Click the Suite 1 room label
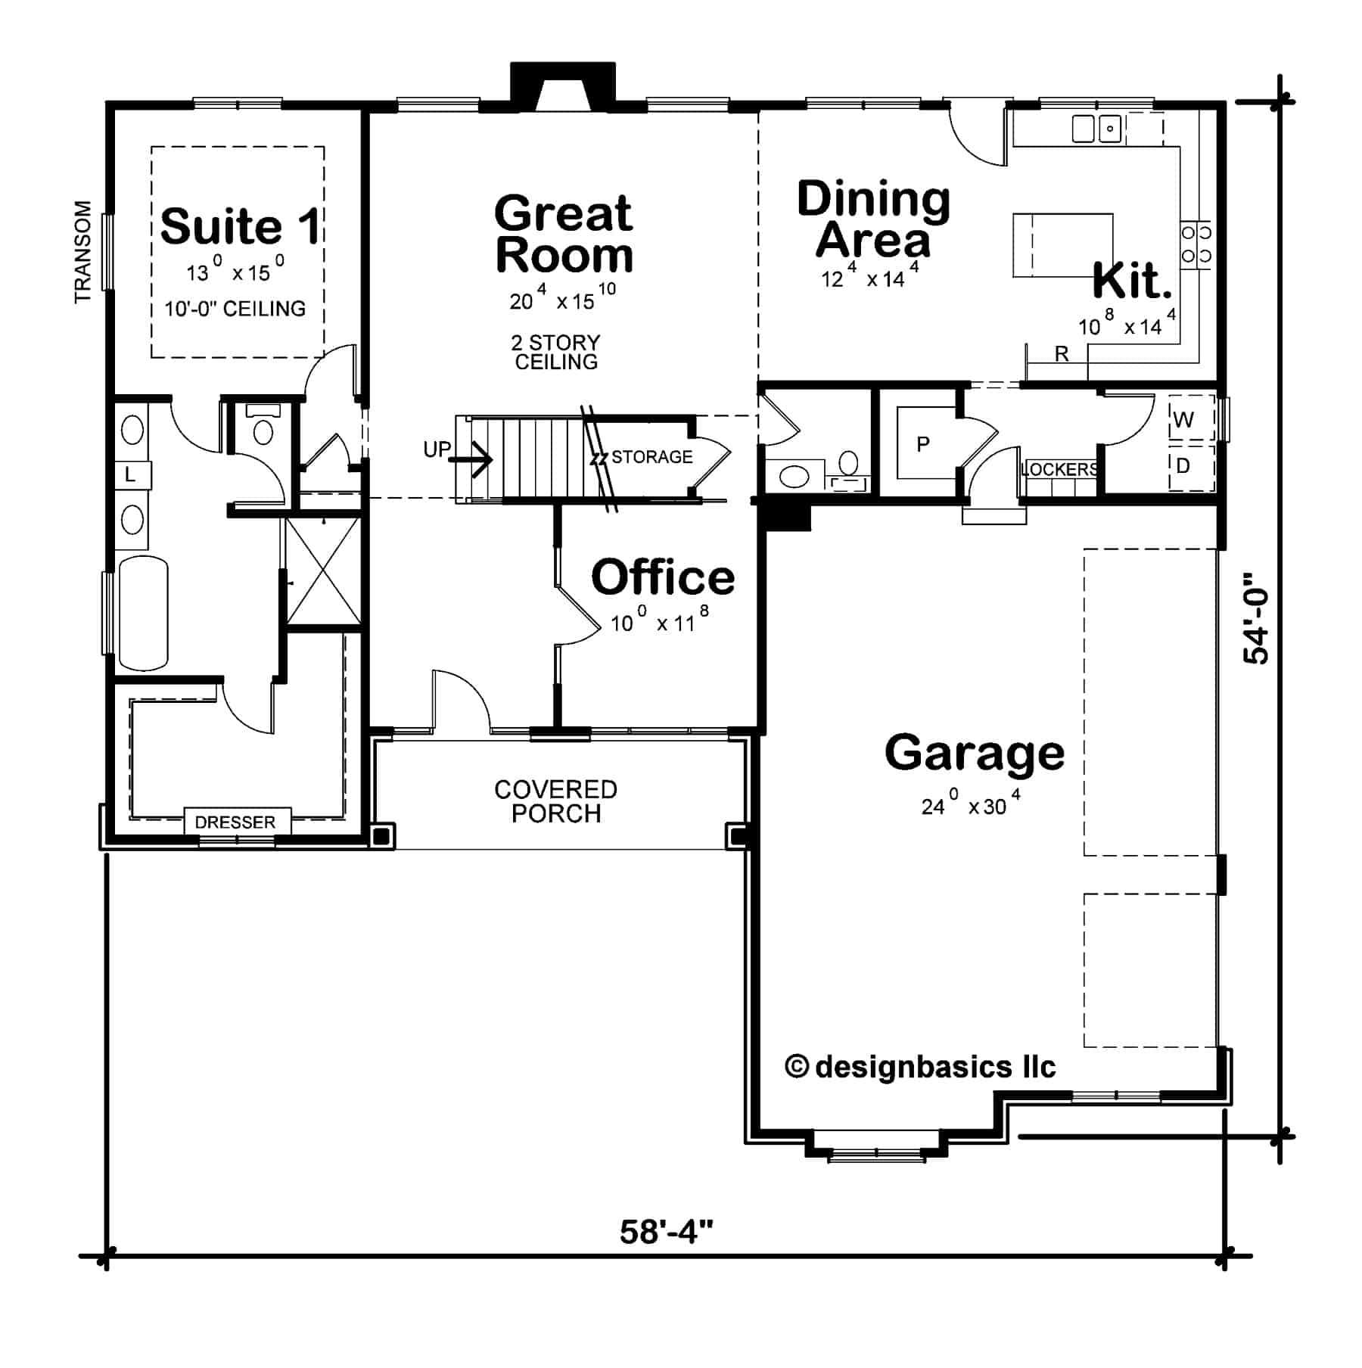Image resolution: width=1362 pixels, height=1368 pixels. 240,226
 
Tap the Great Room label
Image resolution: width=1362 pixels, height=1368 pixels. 564,235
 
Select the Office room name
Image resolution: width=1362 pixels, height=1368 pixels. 663,577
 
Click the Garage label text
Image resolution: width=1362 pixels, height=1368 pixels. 975,753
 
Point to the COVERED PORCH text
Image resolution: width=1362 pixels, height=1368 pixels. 556,801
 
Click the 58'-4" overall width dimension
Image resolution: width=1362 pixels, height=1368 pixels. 666,1233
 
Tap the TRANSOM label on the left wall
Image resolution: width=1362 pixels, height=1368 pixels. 82,252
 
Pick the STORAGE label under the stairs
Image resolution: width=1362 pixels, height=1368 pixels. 651,457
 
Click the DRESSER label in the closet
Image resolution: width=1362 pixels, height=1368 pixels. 235,822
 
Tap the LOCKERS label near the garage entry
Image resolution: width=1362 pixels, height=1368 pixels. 1059,469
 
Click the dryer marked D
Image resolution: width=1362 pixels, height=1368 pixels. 1183,466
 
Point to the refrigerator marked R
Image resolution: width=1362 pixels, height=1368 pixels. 1062,354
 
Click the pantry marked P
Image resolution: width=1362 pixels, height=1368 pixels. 923,444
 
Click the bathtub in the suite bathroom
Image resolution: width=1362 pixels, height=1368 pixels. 144,613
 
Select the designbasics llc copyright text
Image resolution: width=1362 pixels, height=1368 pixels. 920,1068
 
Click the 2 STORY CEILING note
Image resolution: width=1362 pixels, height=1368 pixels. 556,353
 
